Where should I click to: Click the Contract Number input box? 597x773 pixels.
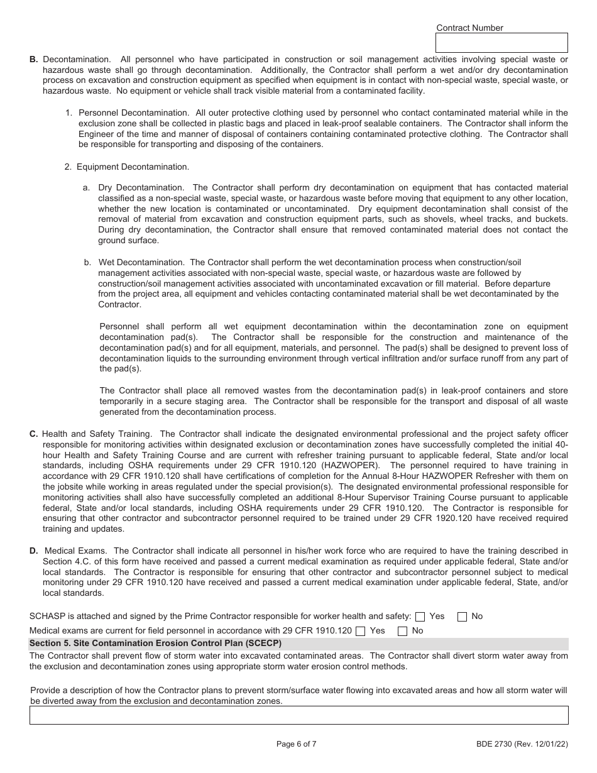coord(501,43)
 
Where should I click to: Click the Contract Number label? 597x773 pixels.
coord(469,28)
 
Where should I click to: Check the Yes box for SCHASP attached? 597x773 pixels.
coord(420,617)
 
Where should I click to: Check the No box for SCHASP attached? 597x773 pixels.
coord(462,617)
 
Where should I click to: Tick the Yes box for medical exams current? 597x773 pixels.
coord(360,631)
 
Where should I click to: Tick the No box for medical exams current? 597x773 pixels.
coord(403,631)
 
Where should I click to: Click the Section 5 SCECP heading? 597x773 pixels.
coord(156,644)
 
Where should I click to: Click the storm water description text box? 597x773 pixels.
coord(298,715)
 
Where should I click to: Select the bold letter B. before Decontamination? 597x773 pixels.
coord(33,59)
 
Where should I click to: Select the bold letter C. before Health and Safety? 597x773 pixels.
coord(33,434)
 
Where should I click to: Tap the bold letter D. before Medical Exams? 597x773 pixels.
coord(33,551)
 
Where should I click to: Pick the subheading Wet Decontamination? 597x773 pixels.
coord(141,262)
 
